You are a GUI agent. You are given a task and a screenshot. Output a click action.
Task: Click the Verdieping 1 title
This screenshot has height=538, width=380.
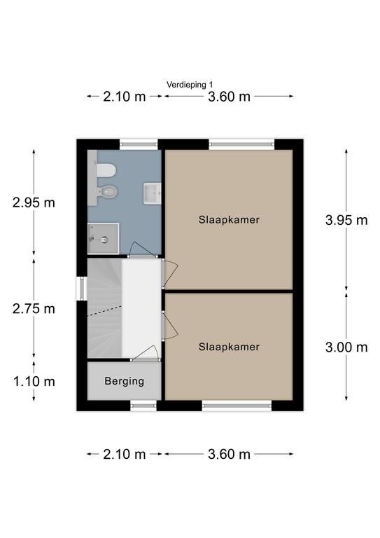tap(190, 84)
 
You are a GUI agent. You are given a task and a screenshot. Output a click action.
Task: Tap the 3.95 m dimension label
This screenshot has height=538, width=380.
tap(346, 220)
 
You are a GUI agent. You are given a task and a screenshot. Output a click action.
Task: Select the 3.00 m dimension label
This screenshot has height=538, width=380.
tap(346, 347)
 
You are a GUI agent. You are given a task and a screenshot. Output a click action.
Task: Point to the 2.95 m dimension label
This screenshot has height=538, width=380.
tap(34, 202)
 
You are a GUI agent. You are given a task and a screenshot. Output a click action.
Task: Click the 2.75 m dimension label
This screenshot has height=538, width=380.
tap(34, 309)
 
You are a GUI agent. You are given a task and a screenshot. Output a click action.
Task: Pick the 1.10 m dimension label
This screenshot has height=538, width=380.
tap(34, 381)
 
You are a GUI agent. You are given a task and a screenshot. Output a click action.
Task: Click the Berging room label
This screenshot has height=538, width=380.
tap(125, 381)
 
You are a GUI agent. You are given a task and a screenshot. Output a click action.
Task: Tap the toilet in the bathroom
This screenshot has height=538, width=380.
tap(106, 170)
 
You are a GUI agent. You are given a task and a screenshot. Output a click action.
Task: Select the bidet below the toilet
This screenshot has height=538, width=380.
tap(108, 191)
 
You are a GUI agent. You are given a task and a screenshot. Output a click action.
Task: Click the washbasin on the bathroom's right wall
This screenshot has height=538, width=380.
tap(152, 193)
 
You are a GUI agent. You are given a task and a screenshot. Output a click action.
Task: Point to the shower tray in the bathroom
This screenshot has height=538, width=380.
tap(103, 238)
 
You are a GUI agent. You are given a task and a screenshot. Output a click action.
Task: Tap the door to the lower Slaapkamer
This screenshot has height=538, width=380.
tap(169, 325)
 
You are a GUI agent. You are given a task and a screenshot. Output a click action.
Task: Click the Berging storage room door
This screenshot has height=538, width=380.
tap(146, 353)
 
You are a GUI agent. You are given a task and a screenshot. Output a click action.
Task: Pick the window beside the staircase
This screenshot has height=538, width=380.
tap(82, 288)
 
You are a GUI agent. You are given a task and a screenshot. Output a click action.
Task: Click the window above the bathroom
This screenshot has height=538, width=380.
tap(139, 144)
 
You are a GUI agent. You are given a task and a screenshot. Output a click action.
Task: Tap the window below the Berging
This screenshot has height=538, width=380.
tap(143, 406)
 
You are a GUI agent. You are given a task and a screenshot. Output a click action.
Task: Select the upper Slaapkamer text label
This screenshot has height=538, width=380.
tap(229, 219)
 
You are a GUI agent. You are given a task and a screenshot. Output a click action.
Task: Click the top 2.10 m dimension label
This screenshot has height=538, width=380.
tap(125, 97)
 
